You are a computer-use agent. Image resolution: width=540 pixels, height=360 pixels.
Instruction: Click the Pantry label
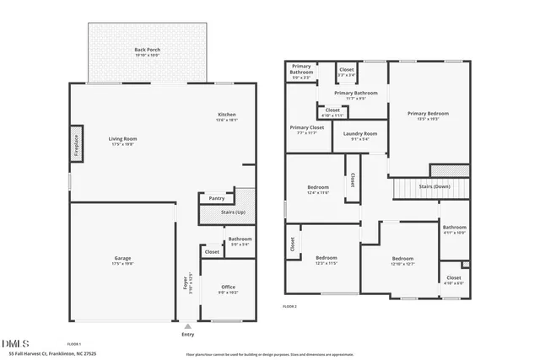pyautogui.click(x=217, y=198)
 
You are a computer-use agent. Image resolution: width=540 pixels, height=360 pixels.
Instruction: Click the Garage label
pyautogui.click(x=122, y=260)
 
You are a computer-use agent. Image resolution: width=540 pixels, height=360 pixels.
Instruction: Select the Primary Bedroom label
pyautogui.click(x=428, y=116)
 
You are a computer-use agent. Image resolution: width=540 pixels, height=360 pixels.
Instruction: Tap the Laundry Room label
pyautogui.click(x=359, y=135)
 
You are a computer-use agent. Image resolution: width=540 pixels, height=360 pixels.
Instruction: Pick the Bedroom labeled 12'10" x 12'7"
pyautogui.click(x=402, y=261)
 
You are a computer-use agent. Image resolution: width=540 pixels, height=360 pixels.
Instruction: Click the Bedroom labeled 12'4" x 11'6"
pyautogui.click(x=317, y=190)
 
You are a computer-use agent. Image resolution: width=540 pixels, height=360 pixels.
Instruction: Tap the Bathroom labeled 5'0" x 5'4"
pyautogui.click(x=240, y=241)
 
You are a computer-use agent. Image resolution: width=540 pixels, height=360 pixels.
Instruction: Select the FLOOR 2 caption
pyautogui.click(x=291, y=306)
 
